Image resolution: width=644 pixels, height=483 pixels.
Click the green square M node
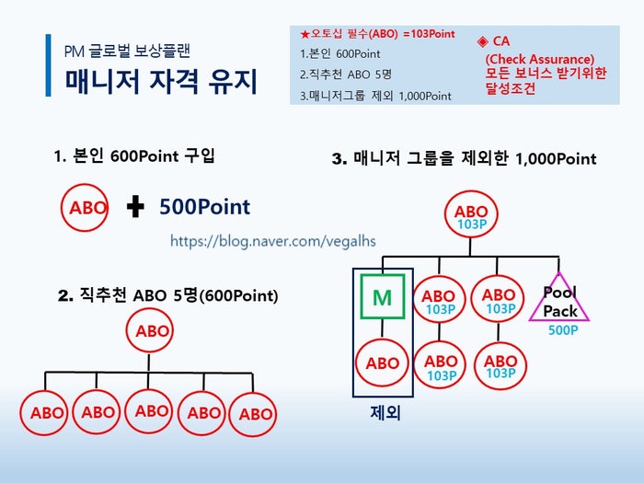coord(383,296)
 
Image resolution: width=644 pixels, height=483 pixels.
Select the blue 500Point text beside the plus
coord(204,207)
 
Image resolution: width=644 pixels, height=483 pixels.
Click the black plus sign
coord(135,206)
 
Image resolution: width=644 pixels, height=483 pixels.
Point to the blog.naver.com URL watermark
coord(272,241)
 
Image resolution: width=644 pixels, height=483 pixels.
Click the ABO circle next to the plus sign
coord(85,207)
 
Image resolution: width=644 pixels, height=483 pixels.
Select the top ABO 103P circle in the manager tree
coord(471,214)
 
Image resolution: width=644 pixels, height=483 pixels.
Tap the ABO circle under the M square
coord(382,362)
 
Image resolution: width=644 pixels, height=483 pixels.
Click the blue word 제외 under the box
coord(385,412)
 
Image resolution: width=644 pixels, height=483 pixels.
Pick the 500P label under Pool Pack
coord(563,329)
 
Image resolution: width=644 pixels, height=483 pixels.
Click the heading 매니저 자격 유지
coord(161,81)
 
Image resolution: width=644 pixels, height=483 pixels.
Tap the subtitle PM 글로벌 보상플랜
coord(127,51)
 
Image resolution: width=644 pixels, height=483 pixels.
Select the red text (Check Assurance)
coord(540,59)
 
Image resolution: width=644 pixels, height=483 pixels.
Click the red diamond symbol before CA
coord(483,41)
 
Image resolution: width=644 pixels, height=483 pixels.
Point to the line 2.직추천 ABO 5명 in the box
coord(345,75)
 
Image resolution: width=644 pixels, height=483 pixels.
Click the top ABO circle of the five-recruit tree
coord(150,330)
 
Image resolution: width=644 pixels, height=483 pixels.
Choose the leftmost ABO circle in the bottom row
coord(44,413)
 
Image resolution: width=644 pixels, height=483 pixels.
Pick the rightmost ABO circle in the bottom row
coord(253,414)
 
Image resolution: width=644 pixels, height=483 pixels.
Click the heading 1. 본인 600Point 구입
coord(134,156)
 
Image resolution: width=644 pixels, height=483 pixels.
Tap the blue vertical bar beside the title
coord(49,65)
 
